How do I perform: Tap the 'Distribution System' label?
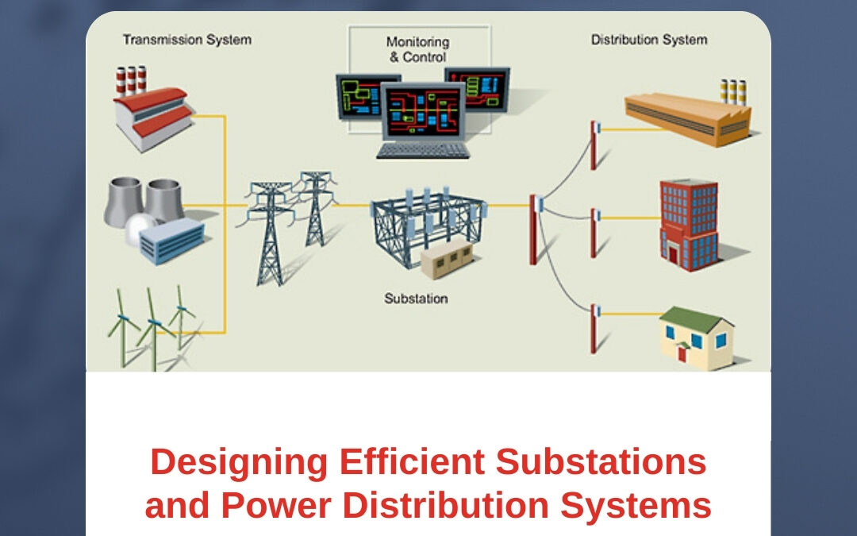pos(649,39)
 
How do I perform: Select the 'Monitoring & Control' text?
pos(417,49)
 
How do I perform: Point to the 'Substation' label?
pos(416,299)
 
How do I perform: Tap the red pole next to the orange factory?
pos(593,145)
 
